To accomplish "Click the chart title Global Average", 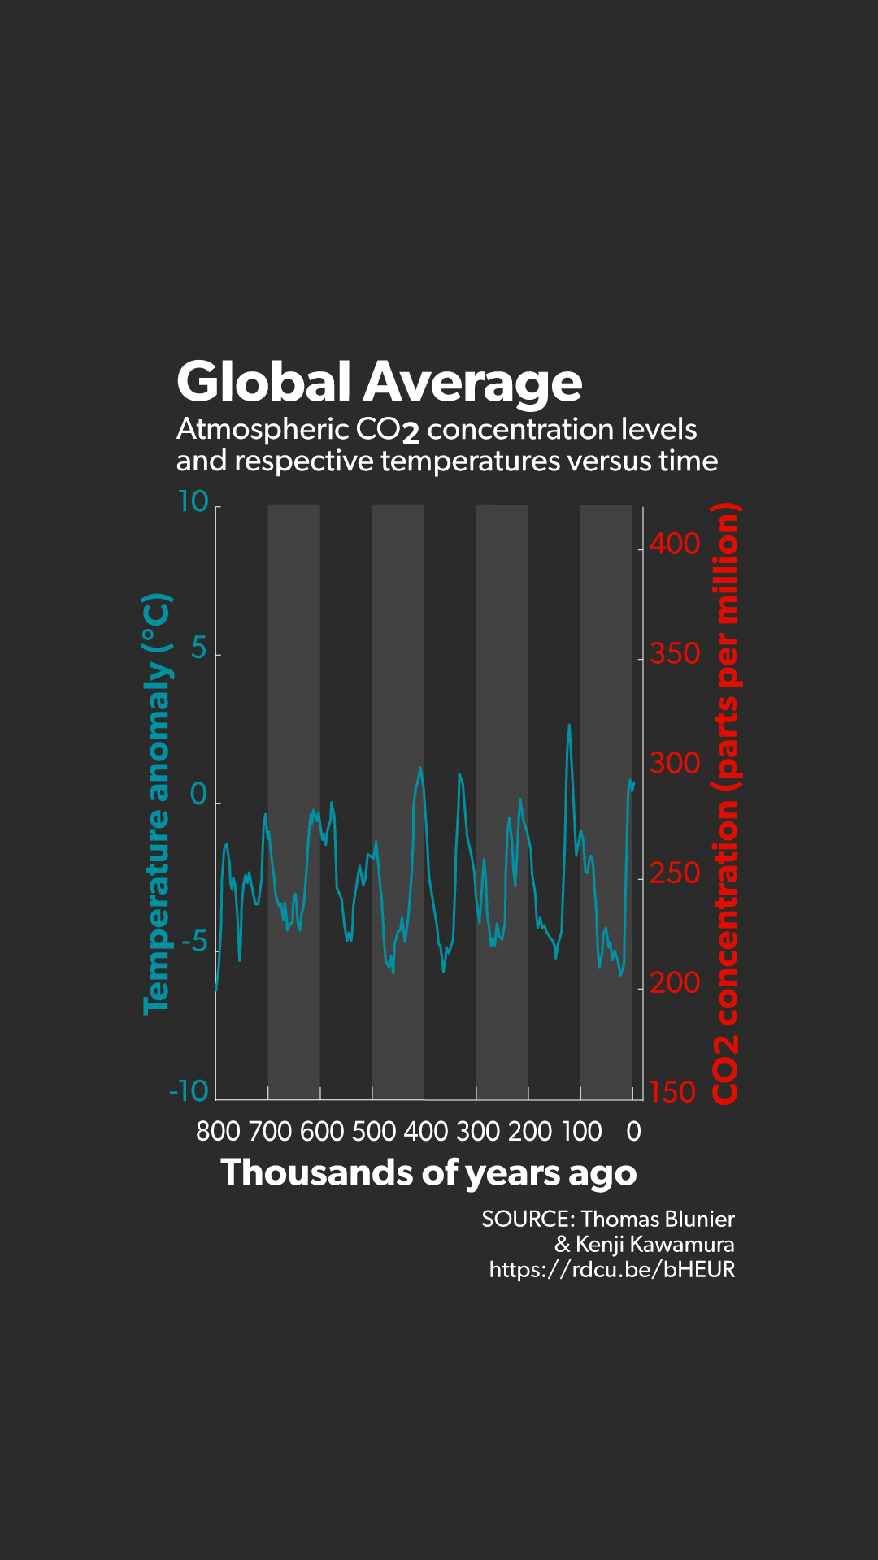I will [379, 382].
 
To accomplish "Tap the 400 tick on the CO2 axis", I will [674, 544].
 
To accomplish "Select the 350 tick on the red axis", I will [674, 653].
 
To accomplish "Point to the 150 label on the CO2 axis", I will [672, 1093].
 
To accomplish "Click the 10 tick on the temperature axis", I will [193, 501].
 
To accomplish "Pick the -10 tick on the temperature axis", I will [189, 1091].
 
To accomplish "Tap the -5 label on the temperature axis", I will [194, 943].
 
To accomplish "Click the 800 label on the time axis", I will [218, 1131].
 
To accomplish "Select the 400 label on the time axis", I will [426, 1131].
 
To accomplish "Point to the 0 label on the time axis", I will [633, 1131].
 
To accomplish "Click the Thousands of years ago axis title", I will [428, 1173].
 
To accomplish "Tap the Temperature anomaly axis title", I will [157, 804].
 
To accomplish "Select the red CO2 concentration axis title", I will [725, 804].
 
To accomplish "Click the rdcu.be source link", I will [611, 1270].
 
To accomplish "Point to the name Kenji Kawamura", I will [654, 1245].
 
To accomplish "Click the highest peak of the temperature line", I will [569, 726].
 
